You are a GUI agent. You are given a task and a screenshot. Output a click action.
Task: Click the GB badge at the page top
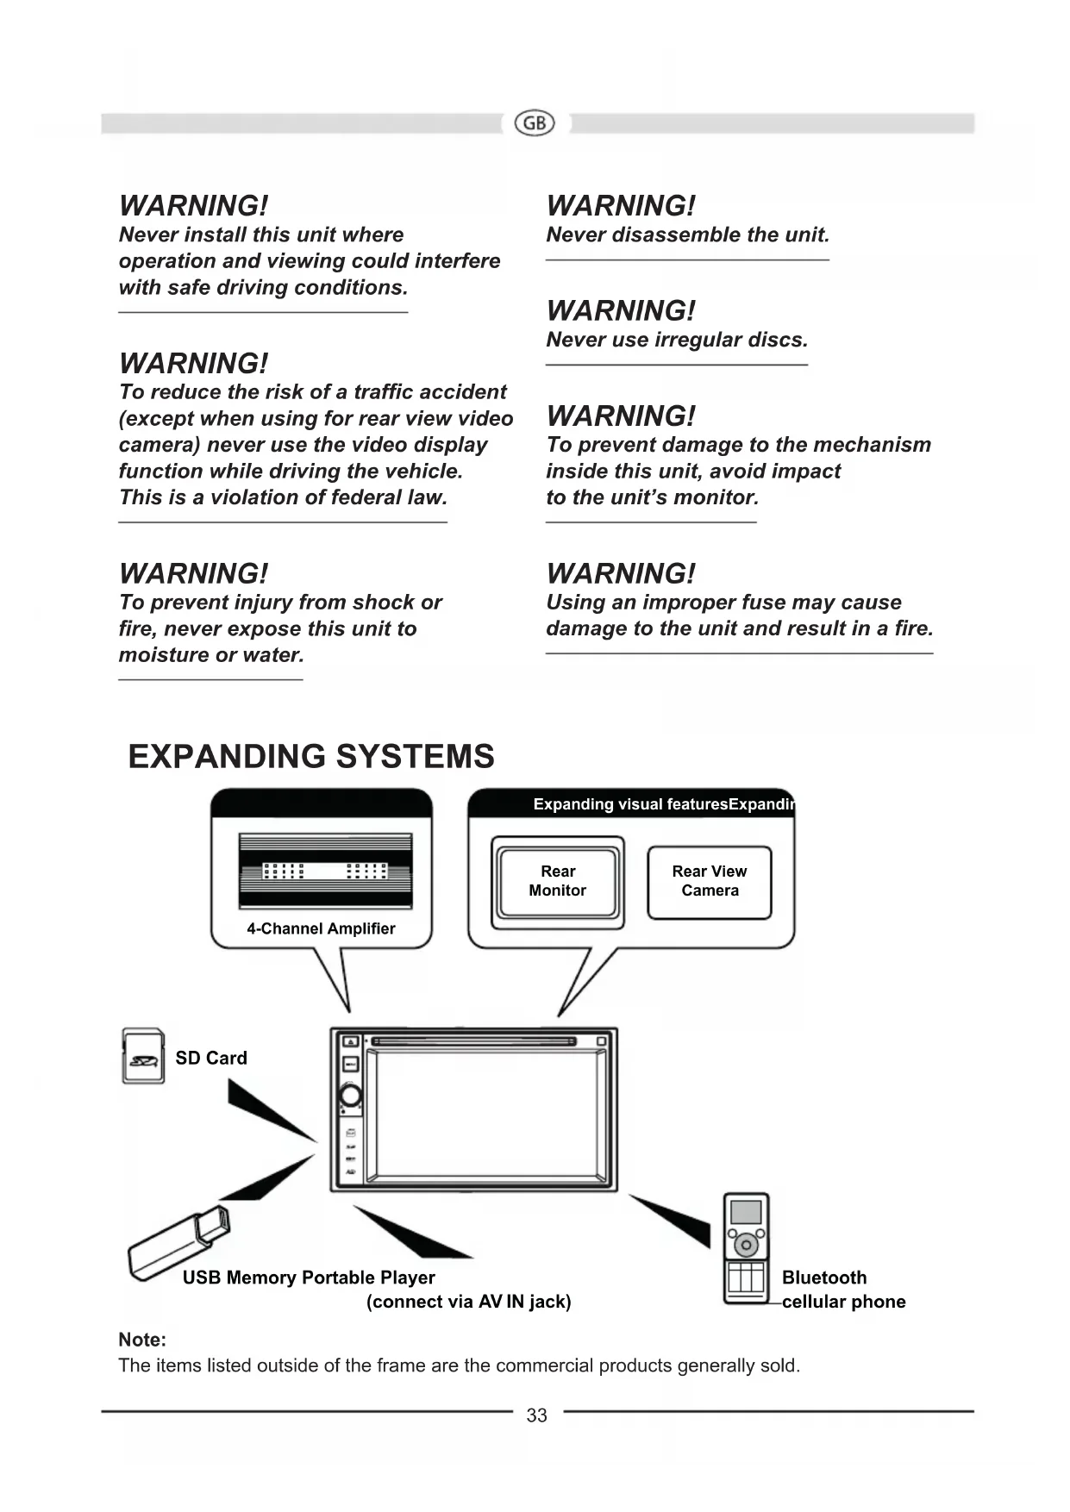point(535,123)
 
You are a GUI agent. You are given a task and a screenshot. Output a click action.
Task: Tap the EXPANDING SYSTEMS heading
point(311,756)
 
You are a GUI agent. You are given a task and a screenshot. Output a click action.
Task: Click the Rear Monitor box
point(558,882)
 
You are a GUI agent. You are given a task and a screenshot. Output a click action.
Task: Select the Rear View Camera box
point(710,882)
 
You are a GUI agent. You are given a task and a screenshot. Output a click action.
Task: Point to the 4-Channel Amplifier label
point(321,928)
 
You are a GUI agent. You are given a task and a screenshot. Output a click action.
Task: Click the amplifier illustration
point(325,871)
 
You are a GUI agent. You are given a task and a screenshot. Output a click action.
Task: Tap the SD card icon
point(142,1056)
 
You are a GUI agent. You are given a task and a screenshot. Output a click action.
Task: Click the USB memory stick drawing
point(178,1244)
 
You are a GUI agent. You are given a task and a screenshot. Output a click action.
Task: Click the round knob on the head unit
point(351,1096)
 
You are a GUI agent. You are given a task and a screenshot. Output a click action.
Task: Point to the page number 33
point(536,1415)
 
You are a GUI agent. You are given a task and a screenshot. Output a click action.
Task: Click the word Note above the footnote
point(142,1340)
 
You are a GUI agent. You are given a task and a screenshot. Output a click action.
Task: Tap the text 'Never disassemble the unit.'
point(687,234)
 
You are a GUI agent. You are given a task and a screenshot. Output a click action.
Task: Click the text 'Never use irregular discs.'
point(677,340)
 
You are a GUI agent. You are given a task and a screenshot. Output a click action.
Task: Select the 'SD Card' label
point(211,1058)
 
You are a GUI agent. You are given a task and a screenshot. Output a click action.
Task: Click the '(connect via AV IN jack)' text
point(468,1302)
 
